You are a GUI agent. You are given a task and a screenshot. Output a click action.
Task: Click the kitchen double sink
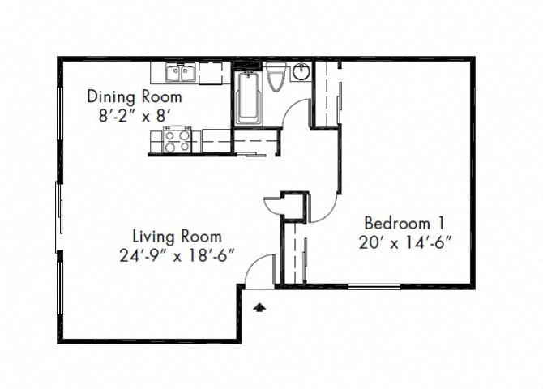coord(181,75)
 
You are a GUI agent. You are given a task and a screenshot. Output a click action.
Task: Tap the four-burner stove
coord(177,141)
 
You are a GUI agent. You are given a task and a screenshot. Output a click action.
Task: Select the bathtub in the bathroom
coord(246,99)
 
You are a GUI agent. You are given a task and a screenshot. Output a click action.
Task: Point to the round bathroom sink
coord(299,73)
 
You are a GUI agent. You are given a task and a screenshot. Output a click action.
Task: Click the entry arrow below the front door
coord(260,307)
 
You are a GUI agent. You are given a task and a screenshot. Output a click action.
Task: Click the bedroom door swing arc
coord(322,207)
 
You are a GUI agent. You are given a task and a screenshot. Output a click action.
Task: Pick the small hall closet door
coord(273,205)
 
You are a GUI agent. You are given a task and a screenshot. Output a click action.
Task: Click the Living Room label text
coord(177,237)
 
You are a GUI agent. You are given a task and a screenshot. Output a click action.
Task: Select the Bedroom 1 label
coord(404,222)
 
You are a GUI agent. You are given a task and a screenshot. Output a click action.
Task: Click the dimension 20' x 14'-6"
coord(404,241)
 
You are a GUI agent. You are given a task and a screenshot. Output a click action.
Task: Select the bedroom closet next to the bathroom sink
coord(326,93)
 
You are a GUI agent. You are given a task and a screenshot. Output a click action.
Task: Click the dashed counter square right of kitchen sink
coord(215,74)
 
